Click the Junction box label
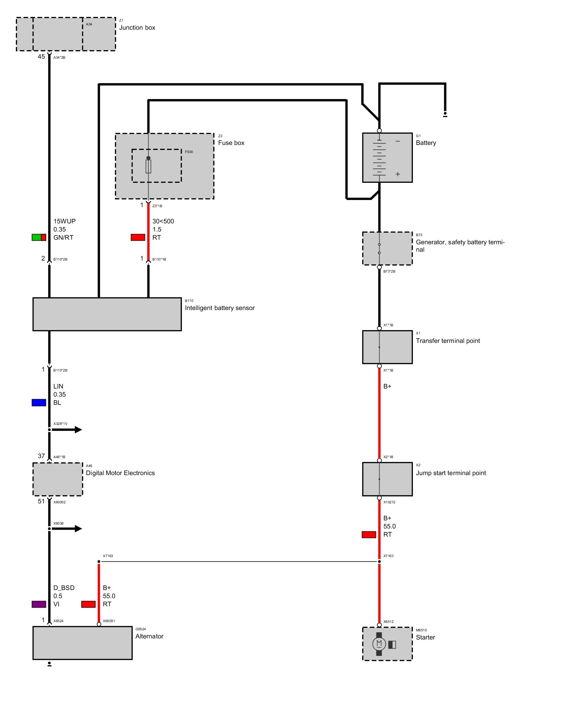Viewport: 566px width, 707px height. coord(137,28)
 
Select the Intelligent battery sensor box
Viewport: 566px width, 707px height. coord(107,314)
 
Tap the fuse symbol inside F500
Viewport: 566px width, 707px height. coord(148,166)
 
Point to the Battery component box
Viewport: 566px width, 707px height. coord(387,158)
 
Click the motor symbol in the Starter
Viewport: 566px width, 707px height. coord(379,644)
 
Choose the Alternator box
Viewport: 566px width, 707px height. coord(82,643)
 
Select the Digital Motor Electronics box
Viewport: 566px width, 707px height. coord(58,479)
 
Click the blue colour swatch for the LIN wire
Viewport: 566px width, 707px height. coord(39,403)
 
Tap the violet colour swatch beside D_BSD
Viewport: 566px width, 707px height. coord(39,604)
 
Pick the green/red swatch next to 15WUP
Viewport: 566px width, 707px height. coord(39,238)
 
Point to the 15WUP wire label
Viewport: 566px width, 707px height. coord(64,221)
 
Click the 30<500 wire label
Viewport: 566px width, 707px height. coord(163,221)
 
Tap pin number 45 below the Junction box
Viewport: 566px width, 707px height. coord(41,57)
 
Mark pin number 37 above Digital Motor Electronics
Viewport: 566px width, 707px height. coord(41,456)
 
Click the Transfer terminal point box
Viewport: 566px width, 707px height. coord(387,347)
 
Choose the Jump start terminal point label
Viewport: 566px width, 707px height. coord(451,473)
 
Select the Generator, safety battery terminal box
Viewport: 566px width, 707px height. coord(387,248)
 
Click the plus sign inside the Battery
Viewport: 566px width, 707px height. coord(398,174)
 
